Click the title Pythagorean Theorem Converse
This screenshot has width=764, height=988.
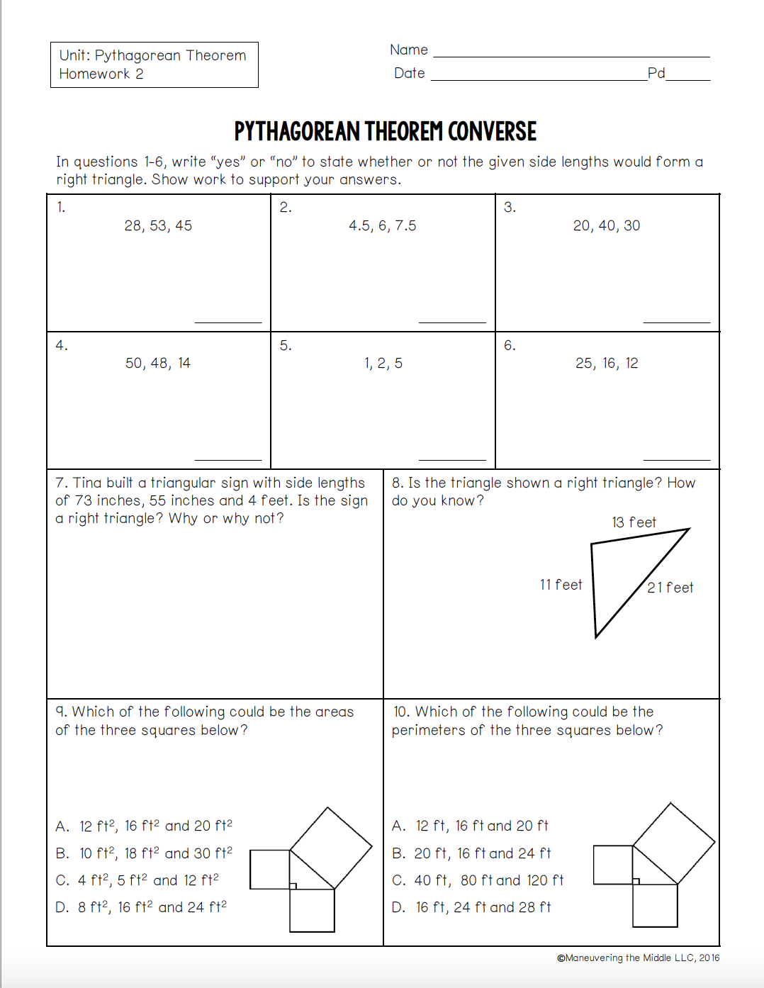coord(385,132)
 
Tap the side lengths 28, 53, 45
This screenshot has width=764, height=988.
coord(158,226)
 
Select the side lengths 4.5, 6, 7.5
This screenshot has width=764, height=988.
coord(382,226)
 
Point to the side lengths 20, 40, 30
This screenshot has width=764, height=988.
coord(606,226)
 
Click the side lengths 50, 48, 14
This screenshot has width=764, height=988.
coord(158,364)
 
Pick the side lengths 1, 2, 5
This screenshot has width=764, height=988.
coord(383,364)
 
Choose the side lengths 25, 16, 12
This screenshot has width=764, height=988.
coord(607,364)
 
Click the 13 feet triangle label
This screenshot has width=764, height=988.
coord(634,523)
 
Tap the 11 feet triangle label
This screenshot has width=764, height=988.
coord(561,585)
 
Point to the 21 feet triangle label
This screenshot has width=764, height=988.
coord(670,588)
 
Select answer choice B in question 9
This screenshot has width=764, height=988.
coord(144,853)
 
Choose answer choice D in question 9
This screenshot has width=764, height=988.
coord(141,907)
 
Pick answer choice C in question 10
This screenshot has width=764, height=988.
coord(478,880)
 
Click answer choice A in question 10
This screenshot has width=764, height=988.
coord(470,826)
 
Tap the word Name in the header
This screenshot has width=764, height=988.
coord(409,50)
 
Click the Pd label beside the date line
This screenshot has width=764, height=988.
coord(656,73)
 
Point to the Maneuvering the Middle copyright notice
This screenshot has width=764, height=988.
coord(638,958)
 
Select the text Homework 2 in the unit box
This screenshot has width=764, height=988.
coord(101,74)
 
